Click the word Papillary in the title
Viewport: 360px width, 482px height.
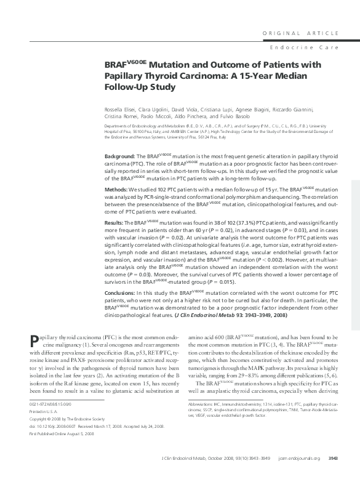(126, 76)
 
